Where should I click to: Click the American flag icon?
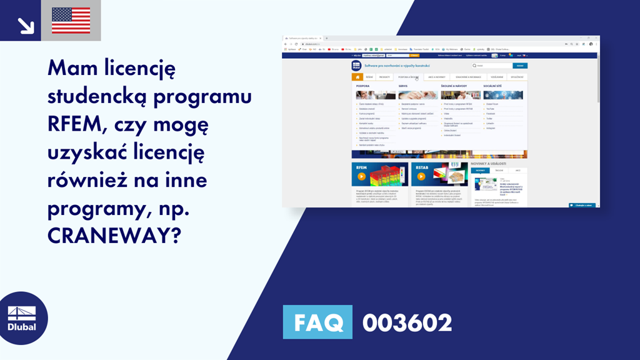coord(71,21)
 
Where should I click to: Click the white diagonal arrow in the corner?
coord(26,25)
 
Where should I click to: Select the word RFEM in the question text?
coord(72,124)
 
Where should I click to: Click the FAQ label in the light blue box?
coord(318,322)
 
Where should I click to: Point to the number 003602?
coord(407,322)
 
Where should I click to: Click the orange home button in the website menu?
coord(357,77)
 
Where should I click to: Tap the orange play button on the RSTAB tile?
coord(421,176)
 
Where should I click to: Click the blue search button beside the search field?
coord(519,66)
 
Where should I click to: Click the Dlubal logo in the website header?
coord(357,66)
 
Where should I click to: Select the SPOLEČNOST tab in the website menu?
coord(517,77)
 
